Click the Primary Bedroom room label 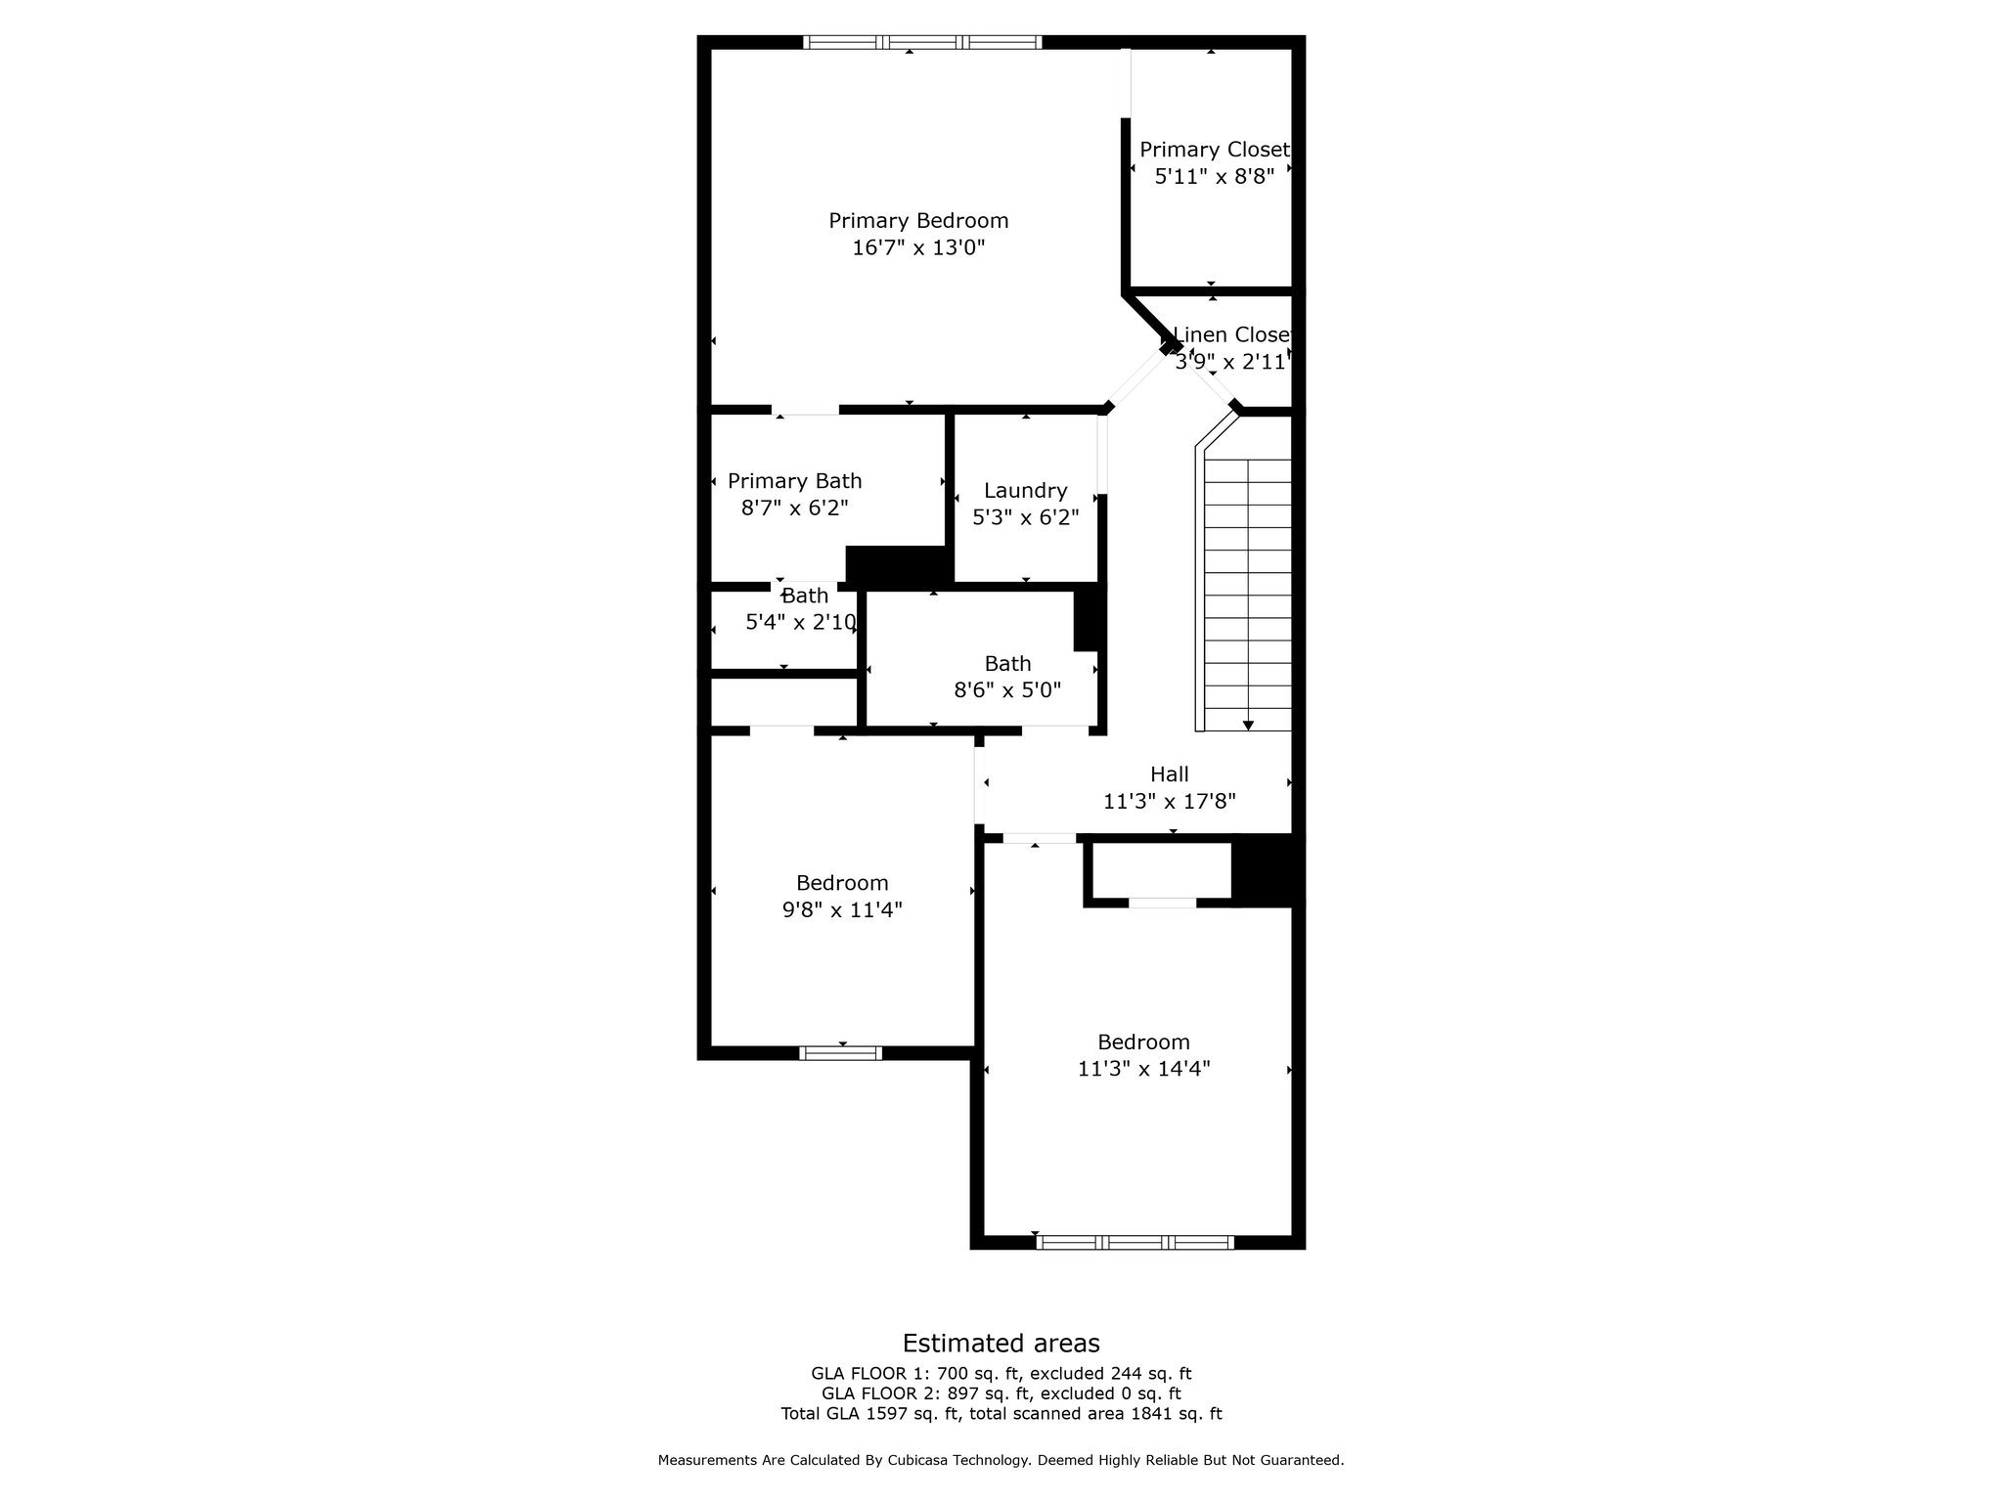click(x=918, y=221)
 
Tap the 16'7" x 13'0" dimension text click(x=918, y=247)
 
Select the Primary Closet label click(x=1215, y=150)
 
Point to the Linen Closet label click(x=1231, y=334)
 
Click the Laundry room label click(x=1025, y=491)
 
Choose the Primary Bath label click(x=795, y=481)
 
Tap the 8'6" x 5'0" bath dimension click(x=1007, y=690)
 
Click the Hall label click(x=1170, y=774)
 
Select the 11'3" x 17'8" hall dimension click(x=1170, y=802)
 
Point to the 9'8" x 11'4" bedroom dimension click(x=842, y=910)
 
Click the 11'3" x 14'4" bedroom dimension click(x=1144, y=1069)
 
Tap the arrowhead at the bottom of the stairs click(x=1248, y=725)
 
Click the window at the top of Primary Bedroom click(x=922, y=42)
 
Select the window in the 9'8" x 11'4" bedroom click(x=841, y=1053)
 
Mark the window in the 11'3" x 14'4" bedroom click(x=1135, y=1243)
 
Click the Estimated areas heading click(x=1001, y=1343)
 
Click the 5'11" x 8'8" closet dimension click(x=1215, y=177)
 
